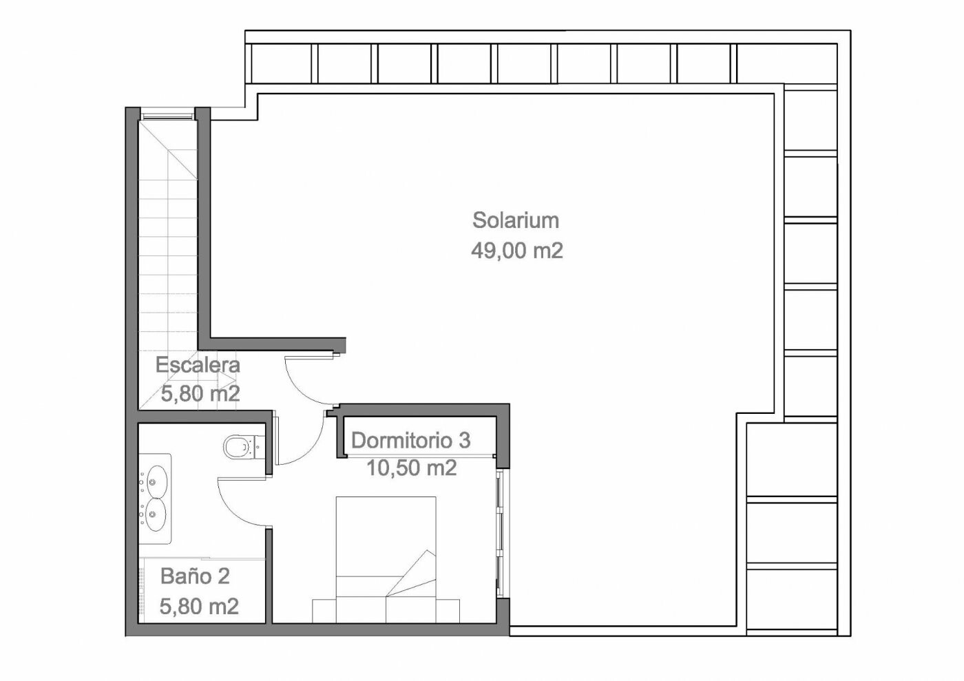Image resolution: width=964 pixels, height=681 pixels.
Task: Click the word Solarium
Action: click(x=516, y=220)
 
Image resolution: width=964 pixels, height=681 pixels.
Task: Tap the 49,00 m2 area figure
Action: click(x=517, y=251)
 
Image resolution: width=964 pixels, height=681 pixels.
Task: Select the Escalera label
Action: click(x=198, y=365)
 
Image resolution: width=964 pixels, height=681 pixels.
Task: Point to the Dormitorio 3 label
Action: click(x=411, y=441)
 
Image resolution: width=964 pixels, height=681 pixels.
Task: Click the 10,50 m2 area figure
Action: click(x=412, y=468)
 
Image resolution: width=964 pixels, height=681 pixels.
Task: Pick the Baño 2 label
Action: click(x=195, y=576)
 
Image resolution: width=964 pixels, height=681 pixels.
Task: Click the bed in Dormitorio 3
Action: click(x=386, y=560)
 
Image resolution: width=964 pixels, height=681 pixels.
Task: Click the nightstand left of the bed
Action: click(x=324, y=611)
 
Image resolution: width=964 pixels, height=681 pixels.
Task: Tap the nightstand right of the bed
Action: click(x=448, y=611)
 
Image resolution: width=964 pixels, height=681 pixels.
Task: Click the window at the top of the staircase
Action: click(x=167, y=116)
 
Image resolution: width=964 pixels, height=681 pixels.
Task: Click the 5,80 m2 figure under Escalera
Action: click(x=200, y=393)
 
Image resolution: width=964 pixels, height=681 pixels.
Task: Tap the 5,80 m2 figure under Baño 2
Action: click(x=199, y=607)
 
